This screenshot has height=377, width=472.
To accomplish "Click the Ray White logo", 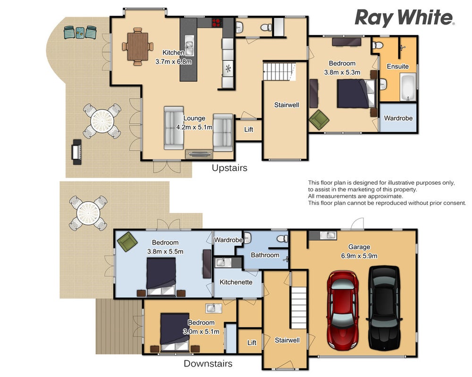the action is [x=405, y=18].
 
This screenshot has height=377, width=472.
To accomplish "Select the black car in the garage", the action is [x=385, y=308].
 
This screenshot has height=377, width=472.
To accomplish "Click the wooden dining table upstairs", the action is [x=138, y=46].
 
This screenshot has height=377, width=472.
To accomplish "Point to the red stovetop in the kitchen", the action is [x=217, y=23].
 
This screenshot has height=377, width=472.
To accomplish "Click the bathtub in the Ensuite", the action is [x=408, y=88].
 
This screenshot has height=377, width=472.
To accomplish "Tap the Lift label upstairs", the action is [x=249, y=130].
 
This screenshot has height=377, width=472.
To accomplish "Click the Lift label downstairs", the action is [x=252, y=343].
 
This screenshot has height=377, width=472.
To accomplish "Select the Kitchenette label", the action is [x=236, y=282].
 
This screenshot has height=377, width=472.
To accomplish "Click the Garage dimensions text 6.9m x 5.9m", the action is [x=359, y=256].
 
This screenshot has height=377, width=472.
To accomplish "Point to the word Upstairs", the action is [x=230, y=168].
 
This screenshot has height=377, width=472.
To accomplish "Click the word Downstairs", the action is [x=208, y=363].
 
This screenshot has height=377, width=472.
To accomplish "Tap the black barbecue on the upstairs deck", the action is [x=76, y=152].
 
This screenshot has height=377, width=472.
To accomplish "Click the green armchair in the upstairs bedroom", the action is [x=319, y=120].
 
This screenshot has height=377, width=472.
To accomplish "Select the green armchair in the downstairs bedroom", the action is [x=127, y=241].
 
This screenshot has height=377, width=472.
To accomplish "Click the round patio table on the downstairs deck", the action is [x=88, y=213].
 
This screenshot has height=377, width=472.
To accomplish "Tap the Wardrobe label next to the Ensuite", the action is [x=398, y=118].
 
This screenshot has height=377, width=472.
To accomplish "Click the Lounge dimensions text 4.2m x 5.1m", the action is [x=194, y=127].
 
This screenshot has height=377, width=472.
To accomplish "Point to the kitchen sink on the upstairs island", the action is [x=189, y=46].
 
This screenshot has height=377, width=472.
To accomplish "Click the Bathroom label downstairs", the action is [x=265, y=255].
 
